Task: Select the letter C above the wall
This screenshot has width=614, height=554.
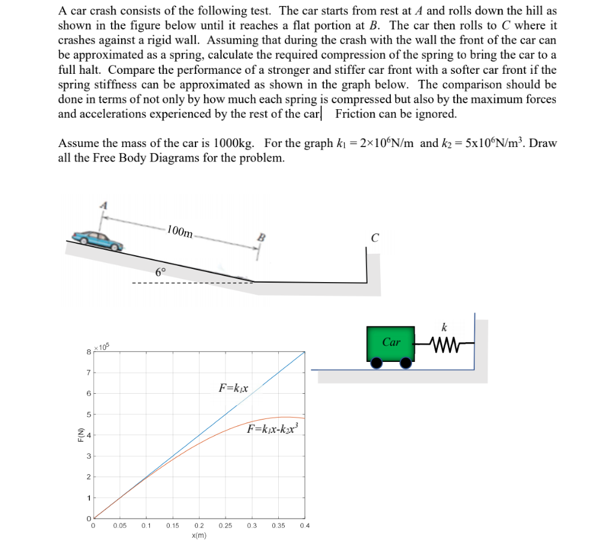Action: coord(374,238)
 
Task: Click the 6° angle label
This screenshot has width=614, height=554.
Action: coord(161,271)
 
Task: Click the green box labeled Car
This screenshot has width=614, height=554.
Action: coord(391,343)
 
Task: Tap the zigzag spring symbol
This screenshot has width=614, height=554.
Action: coord(444,345)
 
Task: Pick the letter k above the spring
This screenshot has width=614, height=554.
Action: coord(444,328)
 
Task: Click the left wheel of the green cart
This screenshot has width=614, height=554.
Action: coord(377,363)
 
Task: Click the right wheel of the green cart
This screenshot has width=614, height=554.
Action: coord(406,363)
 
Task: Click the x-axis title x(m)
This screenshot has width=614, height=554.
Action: coord(199,535)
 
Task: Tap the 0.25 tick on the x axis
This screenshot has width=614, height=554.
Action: coord(225,526)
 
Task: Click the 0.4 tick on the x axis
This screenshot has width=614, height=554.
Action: coord(305,526)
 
